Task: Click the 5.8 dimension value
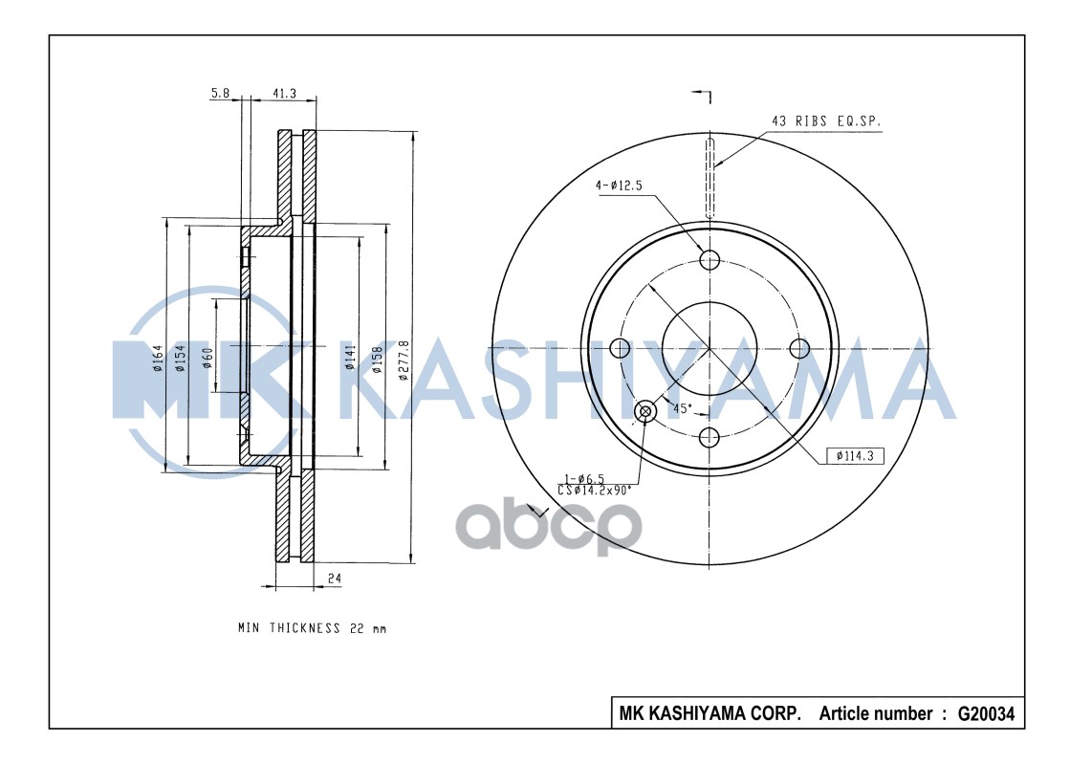[221, 93]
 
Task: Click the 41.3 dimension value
[285, 93]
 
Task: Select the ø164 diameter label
[158, 359]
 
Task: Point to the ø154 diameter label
[180, 359]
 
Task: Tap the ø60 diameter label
[207, 358]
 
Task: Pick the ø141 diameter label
[351, 358]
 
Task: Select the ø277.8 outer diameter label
[404, 360]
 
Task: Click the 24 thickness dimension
[334, 578]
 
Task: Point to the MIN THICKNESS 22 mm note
[312, 628]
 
